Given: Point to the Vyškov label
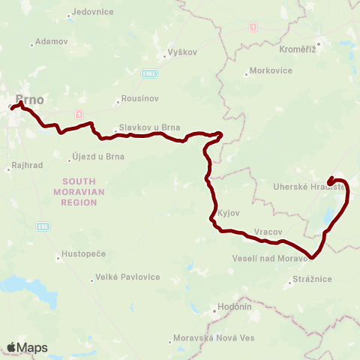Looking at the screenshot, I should pyautogui.click(x=182, y=55).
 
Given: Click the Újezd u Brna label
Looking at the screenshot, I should pyautogui.click(x=97, y=157).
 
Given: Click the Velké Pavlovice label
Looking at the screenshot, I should pyautogui.click(x=128, y=277).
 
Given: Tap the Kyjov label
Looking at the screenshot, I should pyautogui.click(x=228, y=213).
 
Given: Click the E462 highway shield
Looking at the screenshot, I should pyautogui.click(x=150, y=74).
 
